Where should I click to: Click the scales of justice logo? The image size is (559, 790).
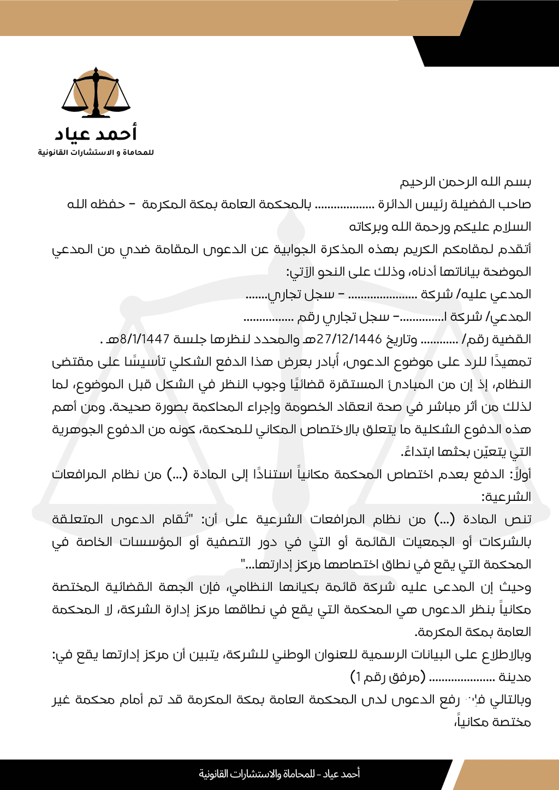[96, 93]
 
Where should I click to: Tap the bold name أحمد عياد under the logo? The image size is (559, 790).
[96, 134]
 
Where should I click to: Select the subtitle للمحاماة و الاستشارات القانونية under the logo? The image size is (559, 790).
[96, 152]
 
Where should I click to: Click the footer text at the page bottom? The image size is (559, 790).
[279, 774]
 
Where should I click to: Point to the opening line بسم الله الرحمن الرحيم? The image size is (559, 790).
[466, 182]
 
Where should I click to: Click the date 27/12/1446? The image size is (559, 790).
[349, 339]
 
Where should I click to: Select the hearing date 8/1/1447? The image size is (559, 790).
[145, 339]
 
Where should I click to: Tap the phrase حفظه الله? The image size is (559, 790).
[96, 205]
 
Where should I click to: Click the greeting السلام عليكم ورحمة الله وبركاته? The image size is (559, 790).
[440, 226]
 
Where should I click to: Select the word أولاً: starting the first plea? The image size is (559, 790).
[520, 474]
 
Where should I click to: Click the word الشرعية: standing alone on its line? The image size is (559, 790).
[506, 497]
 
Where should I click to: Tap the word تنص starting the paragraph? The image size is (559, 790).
[518, 519]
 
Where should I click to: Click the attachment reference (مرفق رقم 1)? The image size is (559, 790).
[388, 677]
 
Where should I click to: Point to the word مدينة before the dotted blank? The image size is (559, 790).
[515, 677]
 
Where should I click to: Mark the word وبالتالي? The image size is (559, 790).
[510, 699]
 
